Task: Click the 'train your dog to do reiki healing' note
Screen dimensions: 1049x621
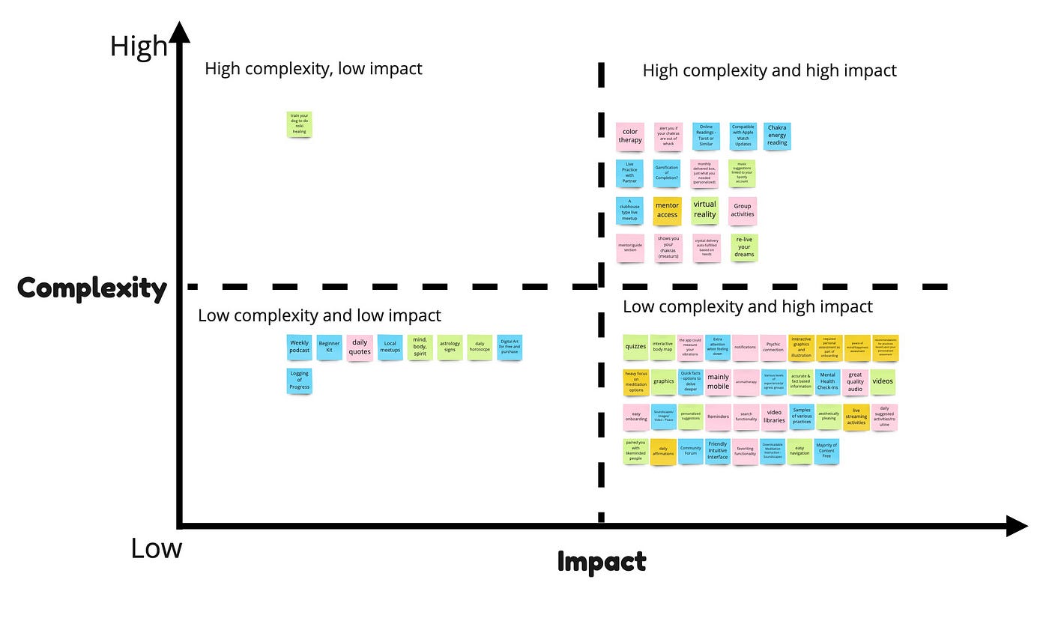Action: pos(299,124)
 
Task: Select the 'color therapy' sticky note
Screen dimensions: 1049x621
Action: pos(630,136)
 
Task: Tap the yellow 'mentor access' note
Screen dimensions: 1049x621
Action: pos(667,210)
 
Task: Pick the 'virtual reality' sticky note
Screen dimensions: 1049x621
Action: pos(704,209)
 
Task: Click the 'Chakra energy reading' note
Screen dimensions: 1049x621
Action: pos(777,136)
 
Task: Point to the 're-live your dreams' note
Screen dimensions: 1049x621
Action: pos(744,247)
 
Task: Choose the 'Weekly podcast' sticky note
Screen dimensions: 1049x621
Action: pos(299,347)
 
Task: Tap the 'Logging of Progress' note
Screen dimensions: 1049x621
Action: pos(299,381)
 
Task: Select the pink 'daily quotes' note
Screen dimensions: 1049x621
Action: pos(360,347)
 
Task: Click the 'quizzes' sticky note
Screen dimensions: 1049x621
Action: pos(635,347)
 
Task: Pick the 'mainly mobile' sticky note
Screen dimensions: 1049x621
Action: pos(718,382)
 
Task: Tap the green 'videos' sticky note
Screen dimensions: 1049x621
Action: pos(883,381)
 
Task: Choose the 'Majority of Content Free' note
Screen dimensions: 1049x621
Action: pos(826,452)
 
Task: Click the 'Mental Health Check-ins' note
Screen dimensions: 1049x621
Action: pos(827,382)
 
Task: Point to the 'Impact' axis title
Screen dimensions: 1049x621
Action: pos(602,562)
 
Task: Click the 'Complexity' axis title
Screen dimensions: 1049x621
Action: pos(92,288)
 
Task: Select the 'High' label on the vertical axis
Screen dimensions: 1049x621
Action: pos(139,46)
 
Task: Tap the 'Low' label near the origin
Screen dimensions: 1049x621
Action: pos(156,548)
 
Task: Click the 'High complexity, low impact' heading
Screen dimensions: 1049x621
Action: pos(313,69)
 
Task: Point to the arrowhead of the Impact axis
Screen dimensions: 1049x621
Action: pos(1017,526)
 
